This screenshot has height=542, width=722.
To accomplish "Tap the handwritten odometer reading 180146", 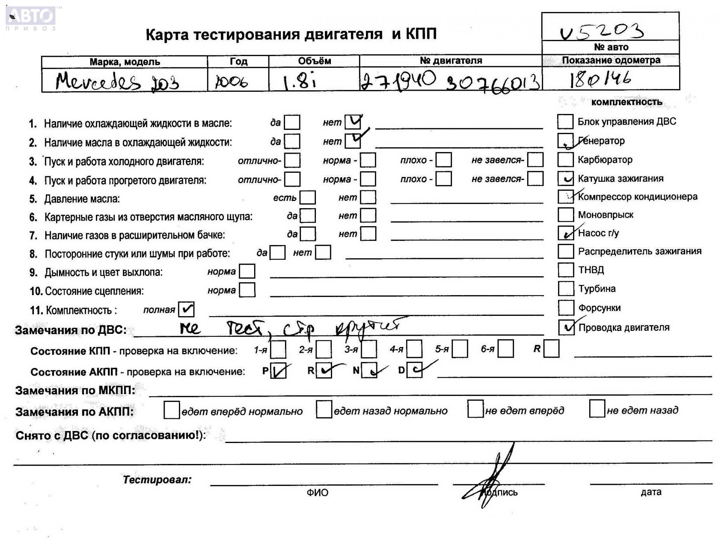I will coord(600,79).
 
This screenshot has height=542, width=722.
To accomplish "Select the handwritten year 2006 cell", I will coord(232,82).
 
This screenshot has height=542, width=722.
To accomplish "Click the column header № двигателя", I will coord(450,61).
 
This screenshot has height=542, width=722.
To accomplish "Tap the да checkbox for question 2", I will coord(292,142).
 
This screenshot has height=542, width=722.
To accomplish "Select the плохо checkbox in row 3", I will coord(444,160).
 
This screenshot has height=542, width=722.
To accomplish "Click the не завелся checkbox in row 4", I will coord(535,179).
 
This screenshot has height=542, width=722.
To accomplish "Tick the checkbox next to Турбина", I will coord(566,289).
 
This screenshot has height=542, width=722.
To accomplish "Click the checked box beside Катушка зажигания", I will coord(566,178).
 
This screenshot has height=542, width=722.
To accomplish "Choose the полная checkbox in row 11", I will coord(187,309).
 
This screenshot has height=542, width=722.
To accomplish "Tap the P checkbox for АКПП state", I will coord(278,371).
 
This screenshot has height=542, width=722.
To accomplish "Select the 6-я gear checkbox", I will coord(506,349).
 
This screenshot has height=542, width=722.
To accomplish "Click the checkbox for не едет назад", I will coord(597,410).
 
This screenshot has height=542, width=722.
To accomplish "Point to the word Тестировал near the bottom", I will coord(157,480).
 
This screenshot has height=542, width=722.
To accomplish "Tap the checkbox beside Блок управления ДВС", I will coord(565,122).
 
